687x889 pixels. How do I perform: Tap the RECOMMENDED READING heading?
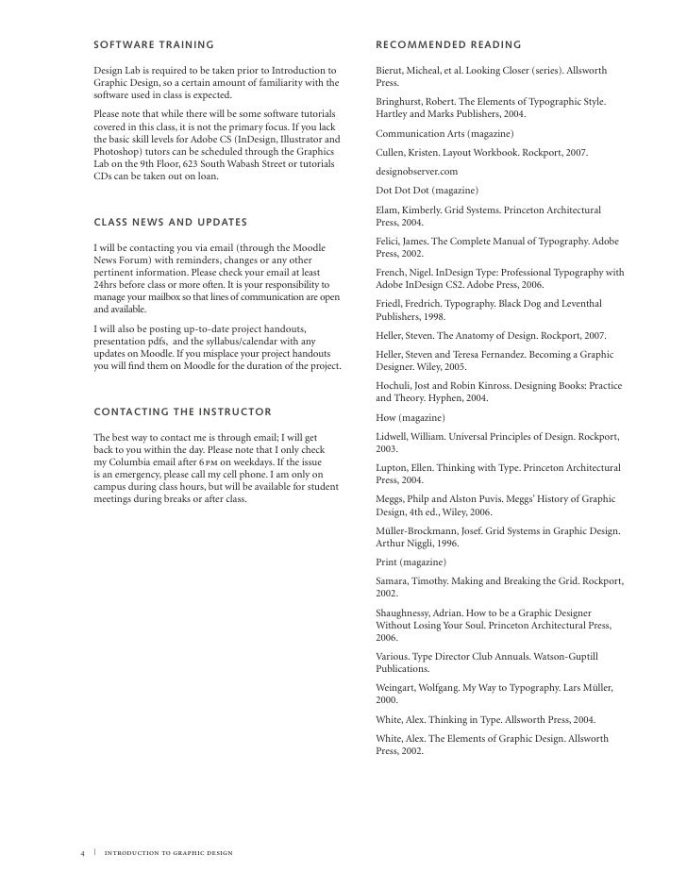click(448, 44)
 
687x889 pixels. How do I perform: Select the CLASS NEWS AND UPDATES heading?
click(170, 222)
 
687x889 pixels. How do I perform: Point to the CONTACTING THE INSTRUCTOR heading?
click(183, 412)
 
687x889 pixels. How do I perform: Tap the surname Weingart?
click(399, 689)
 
